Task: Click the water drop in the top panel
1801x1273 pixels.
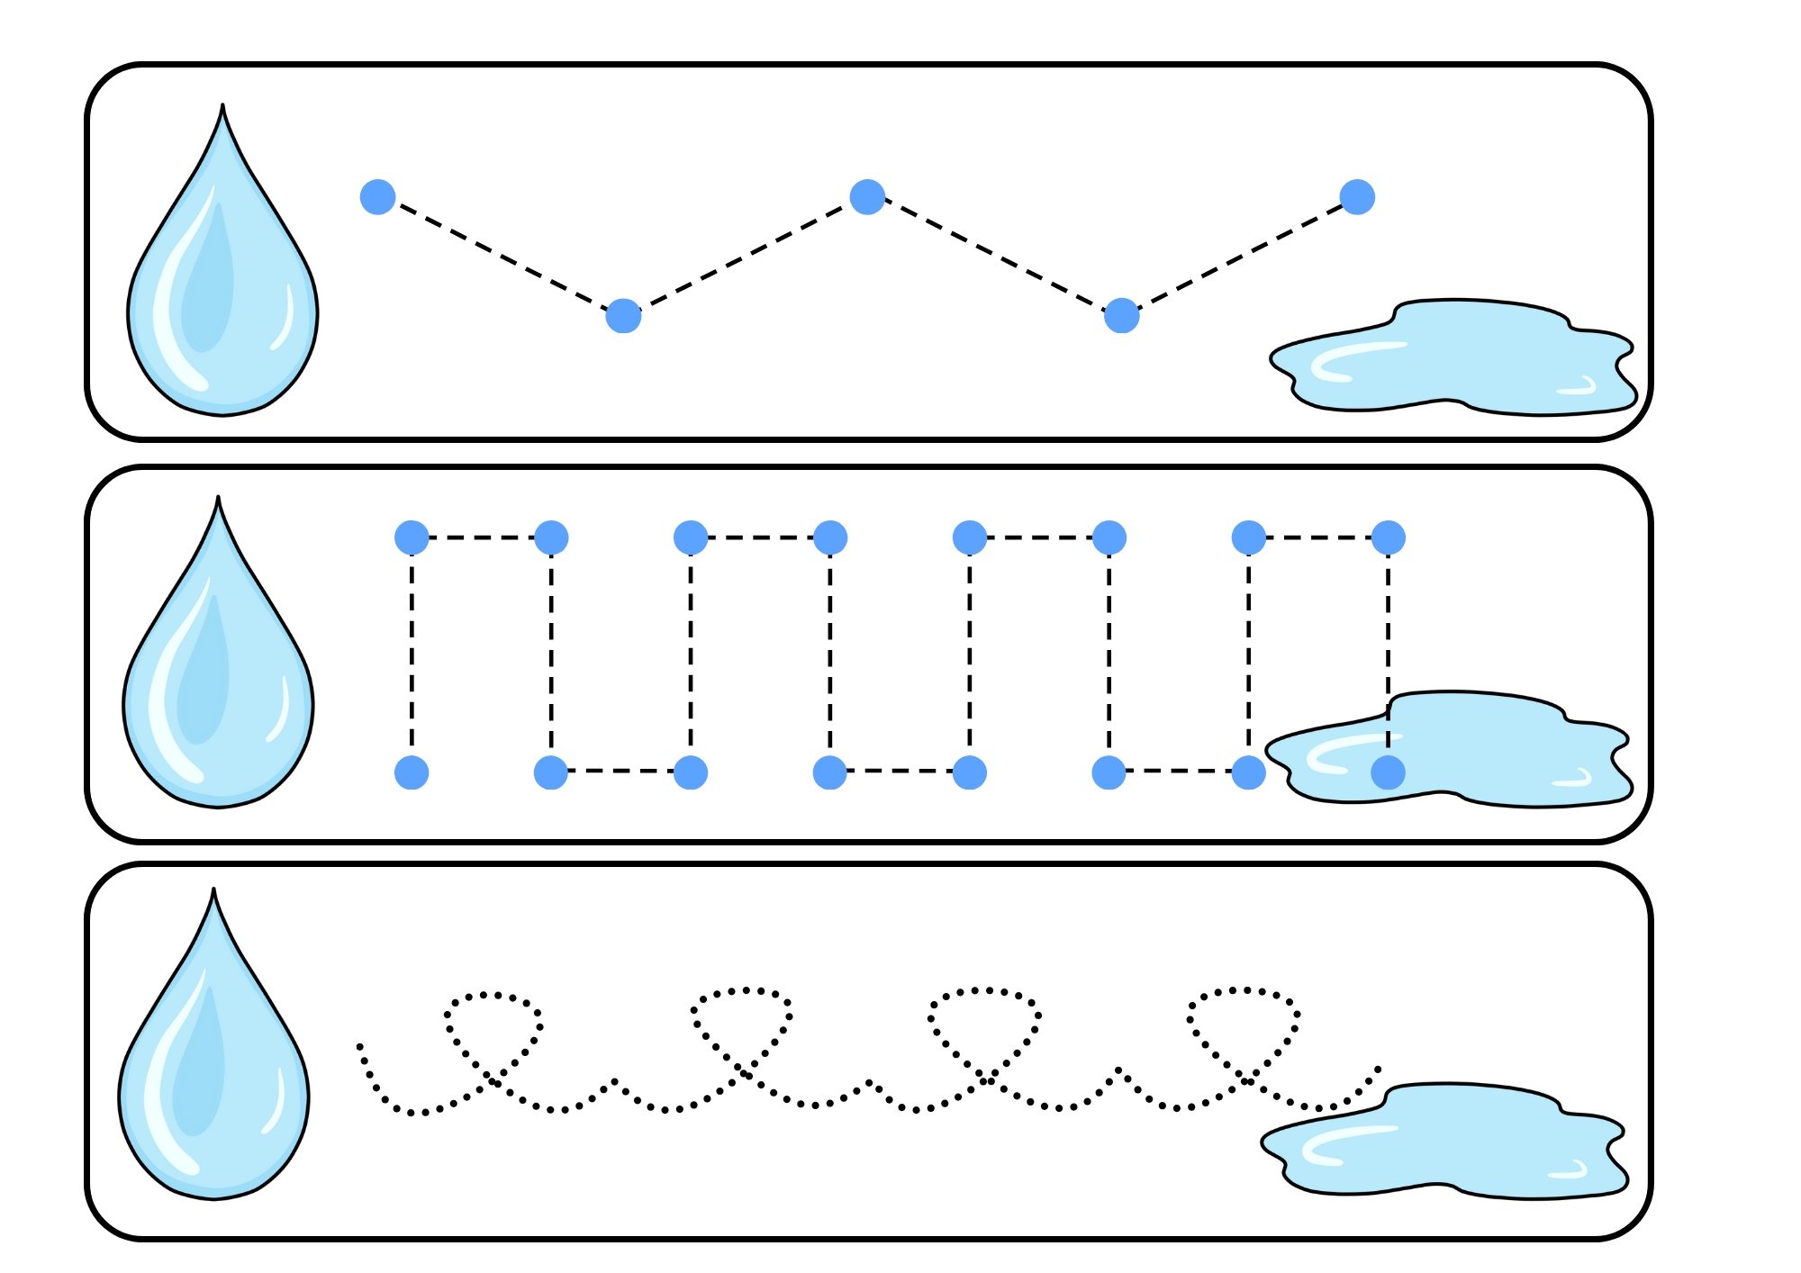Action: [222, 288]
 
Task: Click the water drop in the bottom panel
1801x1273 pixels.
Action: [213, 1071]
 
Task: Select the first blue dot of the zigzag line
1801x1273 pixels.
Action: [377, 196]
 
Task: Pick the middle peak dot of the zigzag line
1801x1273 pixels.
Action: [867, 196]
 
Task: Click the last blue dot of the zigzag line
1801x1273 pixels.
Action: [1357, 196]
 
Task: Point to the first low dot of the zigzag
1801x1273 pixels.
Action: [623, 316]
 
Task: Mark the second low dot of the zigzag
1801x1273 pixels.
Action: [1121, 316]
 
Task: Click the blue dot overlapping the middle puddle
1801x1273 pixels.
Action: [1388, 772]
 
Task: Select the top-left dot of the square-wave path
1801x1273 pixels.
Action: [412, 537]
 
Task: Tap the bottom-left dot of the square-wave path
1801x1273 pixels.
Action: [412, 772]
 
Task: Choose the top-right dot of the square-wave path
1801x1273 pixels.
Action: [1388, 537]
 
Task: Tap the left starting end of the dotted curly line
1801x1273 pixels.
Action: [359, 1046]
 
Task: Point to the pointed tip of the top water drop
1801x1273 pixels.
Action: [222, 107]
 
